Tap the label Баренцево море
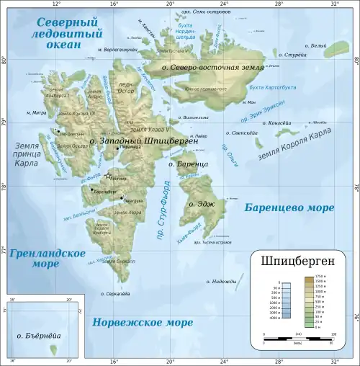click(x=289, y=208)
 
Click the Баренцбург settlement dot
click(x=94, y=192)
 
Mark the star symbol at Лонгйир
click(x=108, y=176)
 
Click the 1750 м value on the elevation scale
click(x=319, y=276)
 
